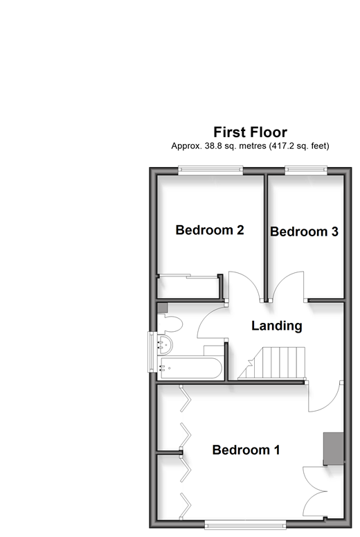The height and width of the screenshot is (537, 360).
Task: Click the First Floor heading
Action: click(x=250, y=132)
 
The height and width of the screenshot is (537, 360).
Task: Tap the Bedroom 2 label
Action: click(x=210, y=230)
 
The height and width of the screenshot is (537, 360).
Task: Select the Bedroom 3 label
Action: click(x=304, y=231)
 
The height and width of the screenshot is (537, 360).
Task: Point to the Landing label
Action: click(x=276, y=326)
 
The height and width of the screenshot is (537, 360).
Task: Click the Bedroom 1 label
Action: click(x=246, y=450)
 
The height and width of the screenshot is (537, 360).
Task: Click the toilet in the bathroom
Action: click(x=170, y=324)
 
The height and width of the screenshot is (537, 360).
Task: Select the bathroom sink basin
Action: click(x=165, y=345)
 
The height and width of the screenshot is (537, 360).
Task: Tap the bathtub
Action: click(x=190, y=369)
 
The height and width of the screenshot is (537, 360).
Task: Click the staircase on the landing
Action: click(x=271, y=362)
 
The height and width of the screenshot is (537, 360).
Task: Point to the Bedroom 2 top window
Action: click(x=210, y=170)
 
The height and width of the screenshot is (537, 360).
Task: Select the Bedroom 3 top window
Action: click(x=306, y=170)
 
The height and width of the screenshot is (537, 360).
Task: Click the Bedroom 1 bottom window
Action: click(x=245, y=524)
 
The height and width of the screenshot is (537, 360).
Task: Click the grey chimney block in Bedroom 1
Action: click(x=333, y=448)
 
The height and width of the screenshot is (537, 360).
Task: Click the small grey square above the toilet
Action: click(x=163, y=308)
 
